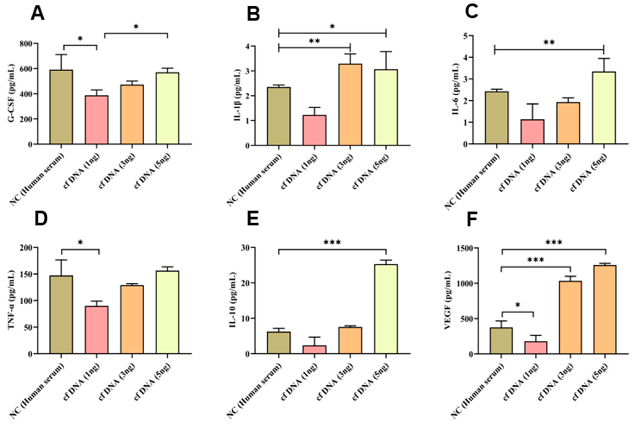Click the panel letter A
point(38,14)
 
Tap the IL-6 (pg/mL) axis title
point(456,89)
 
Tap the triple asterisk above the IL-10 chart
point(333,243)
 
